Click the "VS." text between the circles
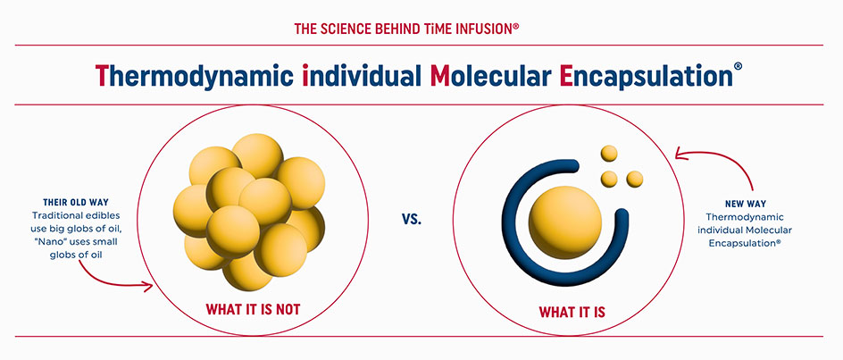pos(412,220)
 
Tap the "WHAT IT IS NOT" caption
pos(253,309)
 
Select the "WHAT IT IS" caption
pos(572,312)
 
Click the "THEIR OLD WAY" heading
pos(76,203)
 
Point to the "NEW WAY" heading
pos(745,205)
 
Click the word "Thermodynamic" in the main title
pos(195,76)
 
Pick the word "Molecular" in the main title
pos(490,76)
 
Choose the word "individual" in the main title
pos(362,76)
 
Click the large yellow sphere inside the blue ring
pos(565,222)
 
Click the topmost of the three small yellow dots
pos(609,154)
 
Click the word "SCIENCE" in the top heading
pos(344,29)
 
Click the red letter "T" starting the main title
pos(103,76)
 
